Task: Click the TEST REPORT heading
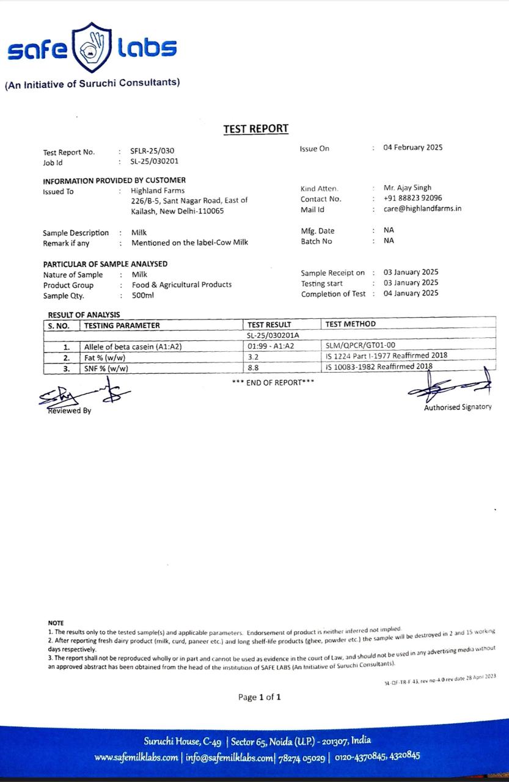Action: (255, 129)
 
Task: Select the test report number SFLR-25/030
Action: (147, 151)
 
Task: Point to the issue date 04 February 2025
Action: (412, 147)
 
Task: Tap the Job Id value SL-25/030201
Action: (155, 162)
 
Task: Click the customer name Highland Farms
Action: (158, 191)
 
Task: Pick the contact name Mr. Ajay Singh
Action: (407, 188)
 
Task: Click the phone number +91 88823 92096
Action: (412, 198)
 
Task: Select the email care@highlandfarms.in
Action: (422, 209)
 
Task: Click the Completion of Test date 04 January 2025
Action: (411, 293)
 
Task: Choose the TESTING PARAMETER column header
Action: (122, 325)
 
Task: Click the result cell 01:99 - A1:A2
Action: (271, 346)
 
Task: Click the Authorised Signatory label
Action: (457, 407)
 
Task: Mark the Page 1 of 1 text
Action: (260, 697)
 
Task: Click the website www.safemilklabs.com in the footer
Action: (136, 758)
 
